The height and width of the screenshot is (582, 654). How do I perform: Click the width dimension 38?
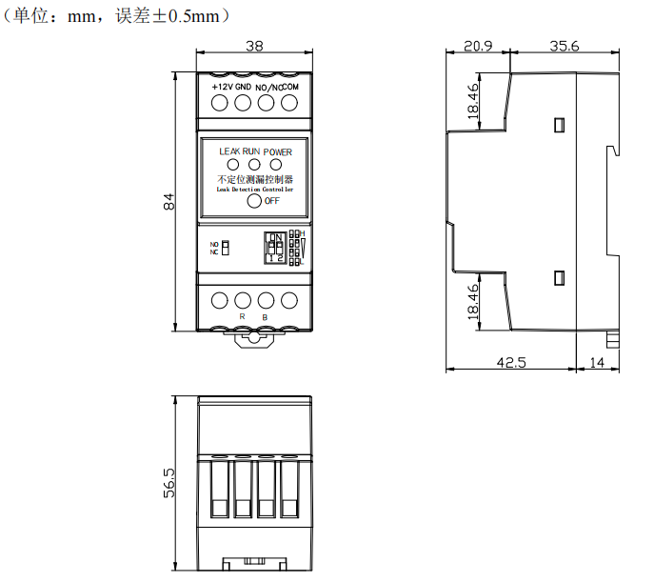254,46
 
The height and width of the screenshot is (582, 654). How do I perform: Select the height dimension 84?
168,202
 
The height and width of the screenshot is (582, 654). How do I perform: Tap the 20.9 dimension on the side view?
478,46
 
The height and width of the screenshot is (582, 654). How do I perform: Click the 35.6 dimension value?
564,46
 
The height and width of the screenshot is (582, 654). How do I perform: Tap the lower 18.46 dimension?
474,302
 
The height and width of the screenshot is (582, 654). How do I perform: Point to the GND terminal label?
244,87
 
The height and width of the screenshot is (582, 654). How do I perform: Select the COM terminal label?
290,87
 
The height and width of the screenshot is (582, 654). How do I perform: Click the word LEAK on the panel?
229,151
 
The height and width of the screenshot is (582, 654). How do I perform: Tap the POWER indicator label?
278,151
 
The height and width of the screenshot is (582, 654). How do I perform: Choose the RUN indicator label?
251,151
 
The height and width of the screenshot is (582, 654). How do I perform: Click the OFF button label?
271,201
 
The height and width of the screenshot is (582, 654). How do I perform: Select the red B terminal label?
265,316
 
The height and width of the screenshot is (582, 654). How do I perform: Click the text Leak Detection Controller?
254,190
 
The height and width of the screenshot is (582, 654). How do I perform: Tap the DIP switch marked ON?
275,246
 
